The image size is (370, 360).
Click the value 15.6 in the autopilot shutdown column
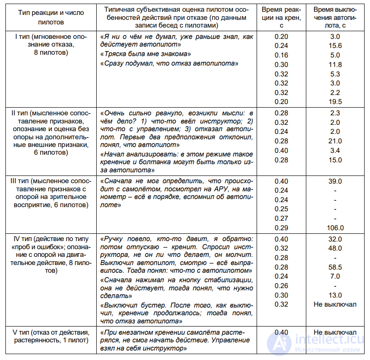pos(335,46)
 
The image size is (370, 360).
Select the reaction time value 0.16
pos(281,55)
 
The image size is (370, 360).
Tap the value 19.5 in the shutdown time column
pos(335,102)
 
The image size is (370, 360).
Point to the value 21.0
pos(335,141)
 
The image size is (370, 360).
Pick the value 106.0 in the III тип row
pos(335,228)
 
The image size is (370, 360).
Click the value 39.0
pos(335,181)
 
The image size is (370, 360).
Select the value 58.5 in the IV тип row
pos(335,267)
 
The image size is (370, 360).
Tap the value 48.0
pos(335,248)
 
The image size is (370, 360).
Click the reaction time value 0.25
pos(281,209)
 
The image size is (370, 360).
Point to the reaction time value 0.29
pos(281,228)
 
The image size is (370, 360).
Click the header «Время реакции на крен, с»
pos(281,17)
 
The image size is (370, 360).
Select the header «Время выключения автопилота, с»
pos(335,17)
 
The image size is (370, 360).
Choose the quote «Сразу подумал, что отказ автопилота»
pos(169,64)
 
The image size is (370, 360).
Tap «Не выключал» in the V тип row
pos(335,332)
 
